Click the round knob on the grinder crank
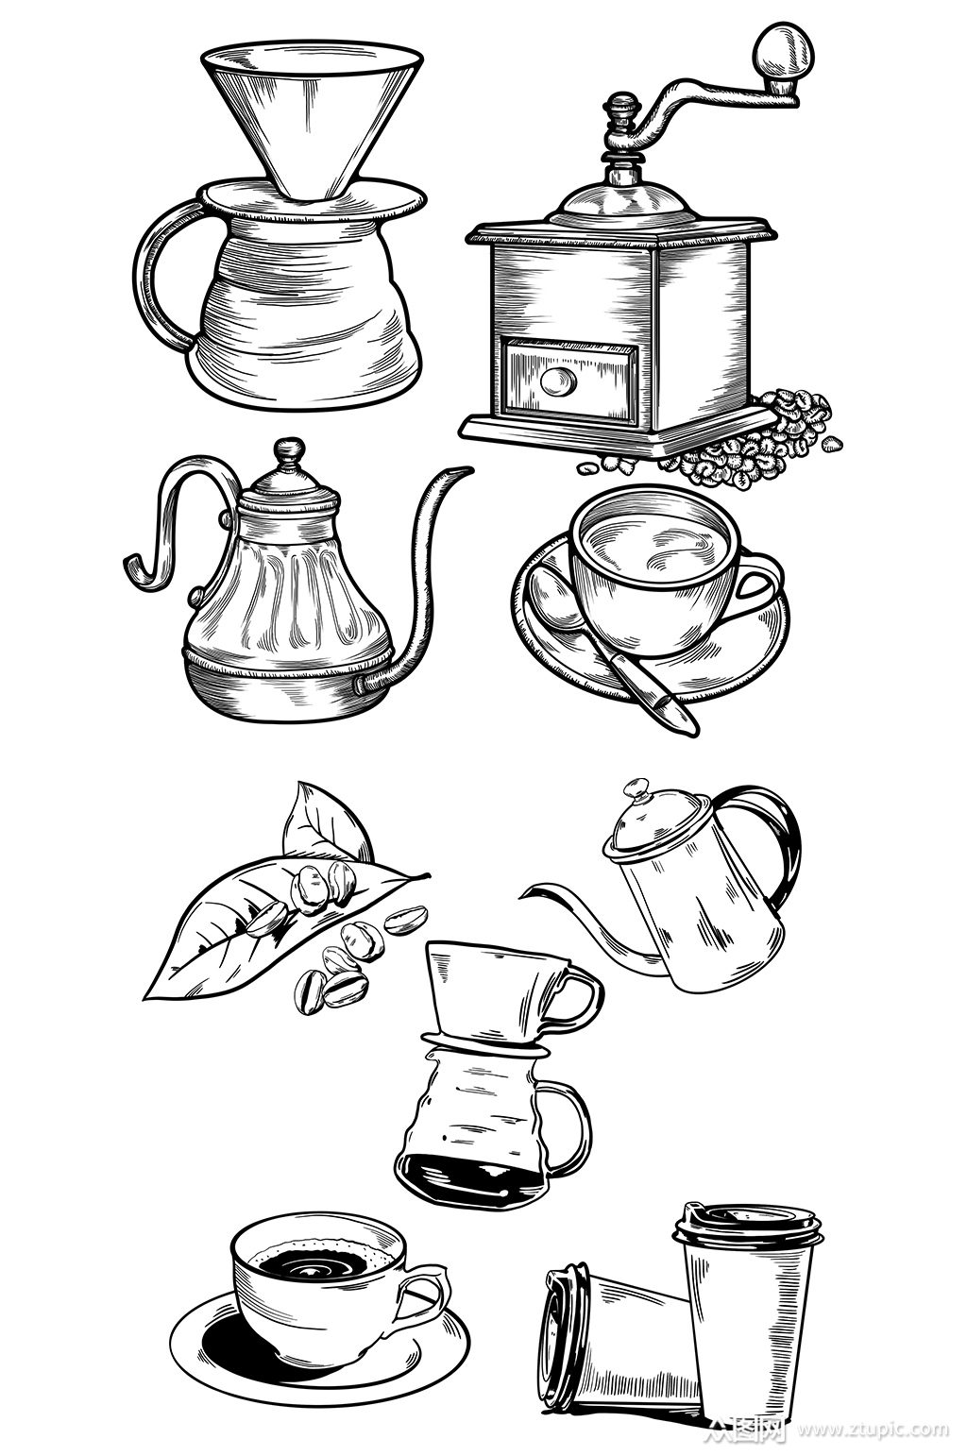(783, 50)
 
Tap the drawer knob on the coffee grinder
(558, 381)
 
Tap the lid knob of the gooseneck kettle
(289, 449)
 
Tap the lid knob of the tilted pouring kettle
(635, 789)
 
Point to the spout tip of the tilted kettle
(523, 896)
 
